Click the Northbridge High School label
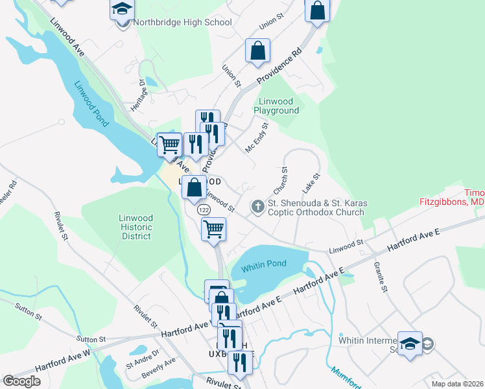pos(182,23)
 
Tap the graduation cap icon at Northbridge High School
pos(122,10)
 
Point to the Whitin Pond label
pos(263,268)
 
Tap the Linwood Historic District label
pos(136,228)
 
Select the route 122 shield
pos(204,210)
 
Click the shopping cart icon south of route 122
pos(213,228)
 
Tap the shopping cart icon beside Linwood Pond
pos(169,143)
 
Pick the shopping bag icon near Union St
pos(257,49)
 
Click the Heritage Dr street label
pos(137,96)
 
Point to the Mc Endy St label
pos(256,138)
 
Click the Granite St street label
pos(381,277)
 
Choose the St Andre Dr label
pos(138,359)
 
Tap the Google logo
pos(22,381)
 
